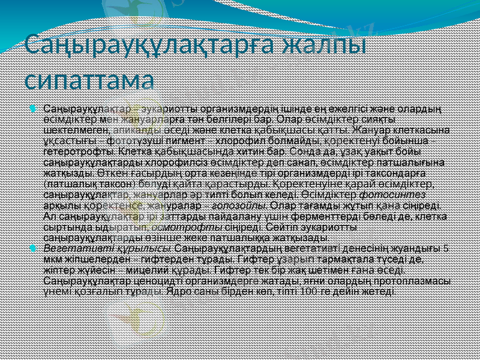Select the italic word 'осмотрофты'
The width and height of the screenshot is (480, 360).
[193, 227]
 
